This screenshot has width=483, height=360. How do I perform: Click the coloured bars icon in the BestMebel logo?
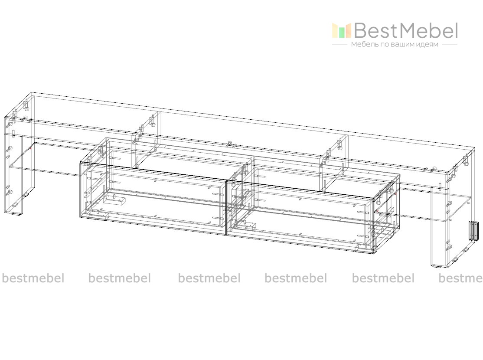(341, 30)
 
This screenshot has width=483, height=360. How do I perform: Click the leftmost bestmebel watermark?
(33, 278)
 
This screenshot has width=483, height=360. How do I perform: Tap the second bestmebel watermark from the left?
(120, 278)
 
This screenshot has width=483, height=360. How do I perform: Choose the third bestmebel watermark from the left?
(209, 278)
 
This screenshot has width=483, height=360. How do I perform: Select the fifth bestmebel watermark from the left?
(383, 278)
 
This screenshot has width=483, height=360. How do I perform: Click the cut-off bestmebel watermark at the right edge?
(461, 278)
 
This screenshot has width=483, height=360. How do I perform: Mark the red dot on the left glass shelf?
(31, 149)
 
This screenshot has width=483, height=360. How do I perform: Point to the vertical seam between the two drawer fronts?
(226, 208)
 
